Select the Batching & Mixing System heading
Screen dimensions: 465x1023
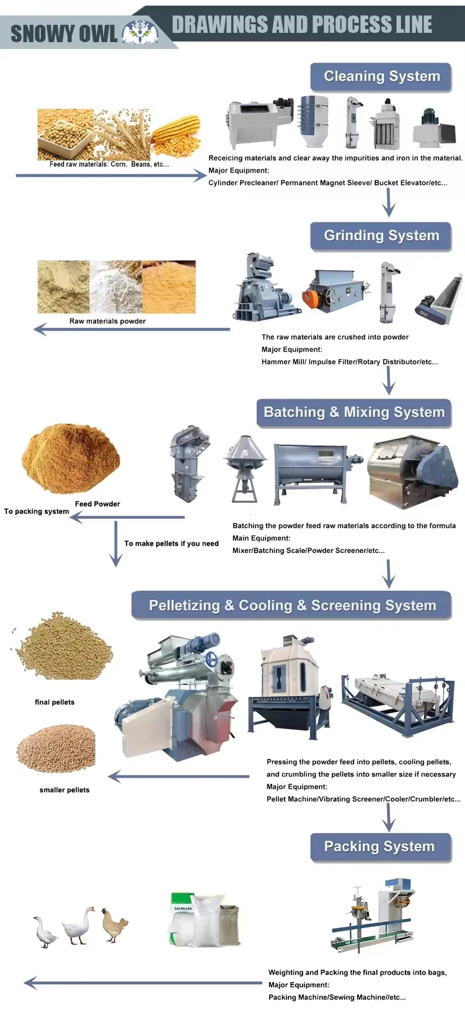[x=354, y=412]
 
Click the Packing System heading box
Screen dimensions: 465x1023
[x=381, y=846]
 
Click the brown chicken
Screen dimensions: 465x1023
[x=113, y=924]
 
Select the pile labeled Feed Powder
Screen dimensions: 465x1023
[x=71, y=458]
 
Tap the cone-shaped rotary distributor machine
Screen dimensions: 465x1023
[x=246, y=468]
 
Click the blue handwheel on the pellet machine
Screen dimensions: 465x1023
[x=211, y=660]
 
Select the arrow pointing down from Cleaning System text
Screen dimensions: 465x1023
[x=389, y=202]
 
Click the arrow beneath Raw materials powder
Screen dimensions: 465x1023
[x=131, y=329]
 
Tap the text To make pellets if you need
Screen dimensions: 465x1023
[x=171, y=544]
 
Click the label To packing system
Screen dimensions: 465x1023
[x=37, y=511]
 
